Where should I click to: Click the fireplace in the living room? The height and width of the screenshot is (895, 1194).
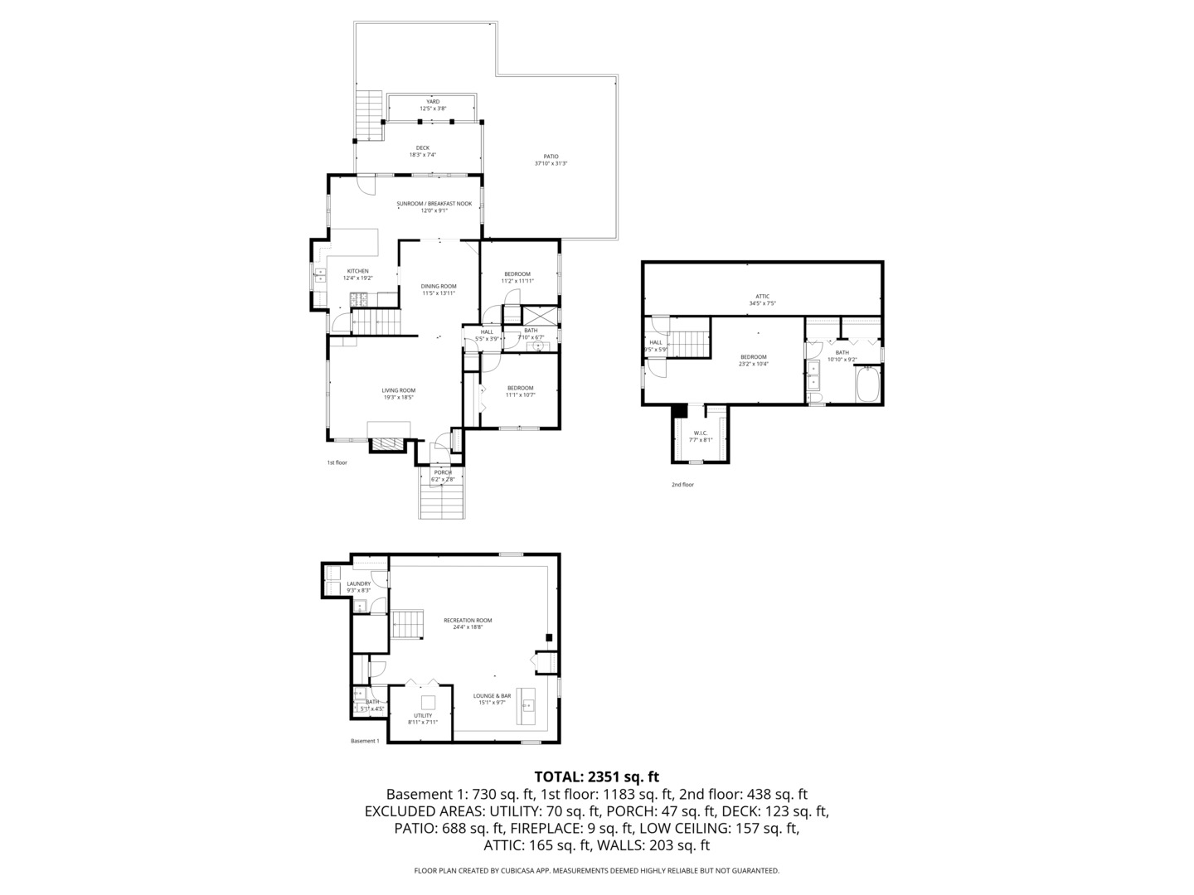pos(389,443)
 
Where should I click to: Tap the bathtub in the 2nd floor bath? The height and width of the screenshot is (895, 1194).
pos(869,385)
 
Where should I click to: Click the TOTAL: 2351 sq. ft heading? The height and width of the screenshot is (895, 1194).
pos(596,776)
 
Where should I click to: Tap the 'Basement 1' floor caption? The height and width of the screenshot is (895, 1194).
pos(365,741)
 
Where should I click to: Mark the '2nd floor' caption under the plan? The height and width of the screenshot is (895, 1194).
pos(682,485)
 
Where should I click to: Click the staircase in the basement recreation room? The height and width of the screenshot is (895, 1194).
pos(408,624)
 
